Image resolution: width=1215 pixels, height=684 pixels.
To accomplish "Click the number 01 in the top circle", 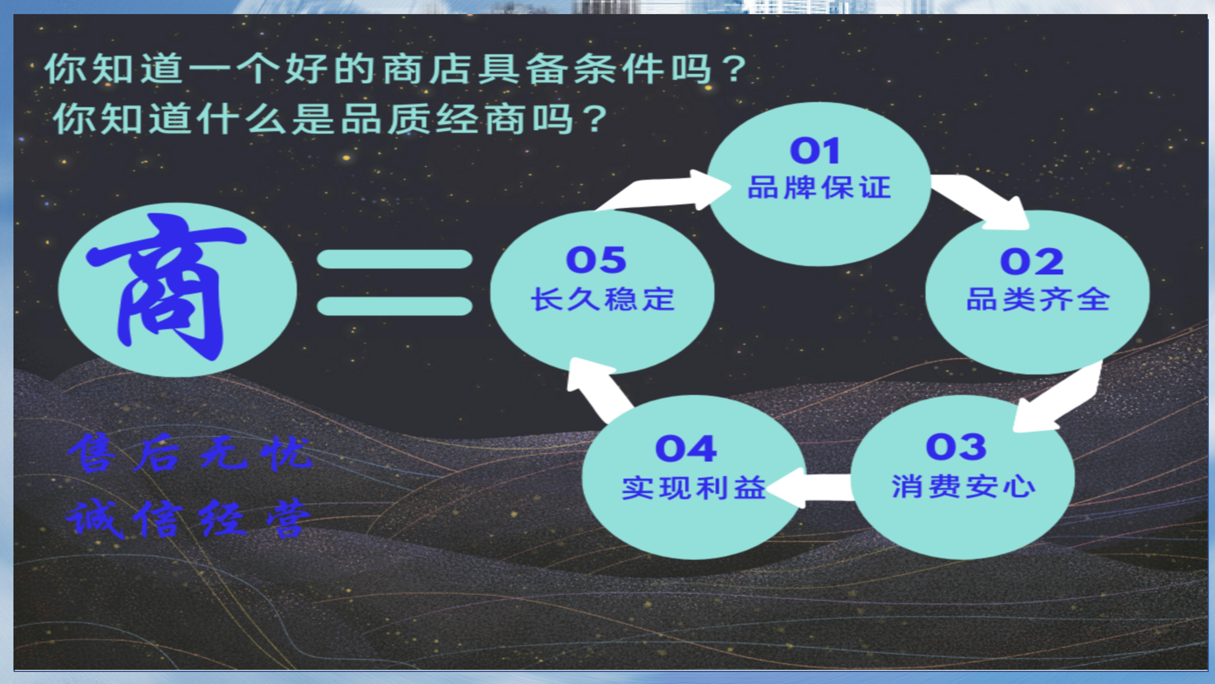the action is pos(815,151).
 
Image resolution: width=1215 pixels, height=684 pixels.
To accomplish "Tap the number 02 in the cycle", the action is pos(1032,262).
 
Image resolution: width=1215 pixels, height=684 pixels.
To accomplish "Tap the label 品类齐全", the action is pos(1038,299).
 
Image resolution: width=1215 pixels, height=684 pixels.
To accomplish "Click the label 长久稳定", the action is pos(603,299).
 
